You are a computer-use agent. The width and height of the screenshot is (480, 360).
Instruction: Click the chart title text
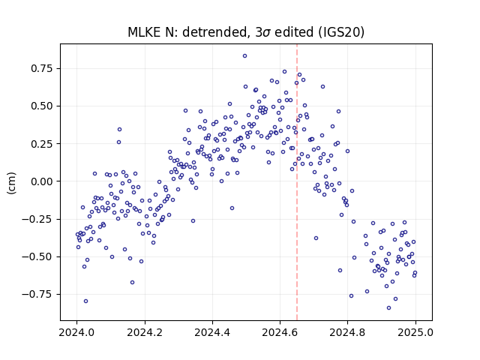[x=246, y=32]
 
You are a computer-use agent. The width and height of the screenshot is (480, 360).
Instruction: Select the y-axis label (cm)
[x=11, y=183]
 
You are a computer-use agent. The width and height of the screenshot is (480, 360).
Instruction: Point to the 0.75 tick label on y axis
[x=42, y=68]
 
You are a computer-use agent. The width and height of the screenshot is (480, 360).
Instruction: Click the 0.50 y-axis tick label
[x=42, y=106]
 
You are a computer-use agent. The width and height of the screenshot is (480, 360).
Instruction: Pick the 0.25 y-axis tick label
[x=42, y=143]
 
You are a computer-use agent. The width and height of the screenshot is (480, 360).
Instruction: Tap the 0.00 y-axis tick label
[x=42, y=181]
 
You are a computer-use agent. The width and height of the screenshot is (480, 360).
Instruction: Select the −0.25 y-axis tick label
[x=37, y=219]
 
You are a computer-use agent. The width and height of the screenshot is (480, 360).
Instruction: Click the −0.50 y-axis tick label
[x=37, y=256]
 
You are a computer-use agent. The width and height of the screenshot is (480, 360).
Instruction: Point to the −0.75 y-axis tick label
[x=37, y=294]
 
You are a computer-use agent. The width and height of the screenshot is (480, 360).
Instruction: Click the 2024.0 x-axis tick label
[x=76, y=332]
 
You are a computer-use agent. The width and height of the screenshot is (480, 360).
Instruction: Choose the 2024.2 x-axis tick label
[x=145, y=332]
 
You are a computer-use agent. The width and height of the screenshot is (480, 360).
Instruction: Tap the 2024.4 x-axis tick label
[x=212, y=332]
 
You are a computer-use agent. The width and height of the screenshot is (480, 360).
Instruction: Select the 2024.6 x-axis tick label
[x=280, y=332]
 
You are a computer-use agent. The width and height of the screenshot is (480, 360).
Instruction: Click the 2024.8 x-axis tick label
[x=347, y=332]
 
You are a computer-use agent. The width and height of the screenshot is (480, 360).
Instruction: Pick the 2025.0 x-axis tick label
[x=415, y=332]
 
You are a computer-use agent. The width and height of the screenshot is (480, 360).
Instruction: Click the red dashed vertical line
[x=297, y=182]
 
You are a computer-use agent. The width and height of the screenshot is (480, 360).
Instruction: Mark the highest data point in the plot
[x=245, y=56]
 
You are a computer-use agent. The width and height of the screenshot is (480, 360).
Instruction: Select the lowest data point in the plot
[x=388, y=307]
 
